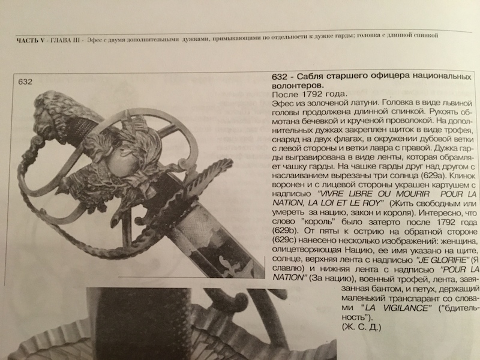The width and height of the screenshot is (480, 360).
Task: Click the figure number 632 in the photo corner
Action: coord(25,82)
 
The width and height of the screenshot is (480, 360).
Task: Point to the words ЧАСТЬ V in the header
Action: coord(31,40)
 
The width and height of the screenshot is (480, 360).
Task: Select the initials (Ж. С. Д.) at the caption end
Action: coord(361,327)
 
